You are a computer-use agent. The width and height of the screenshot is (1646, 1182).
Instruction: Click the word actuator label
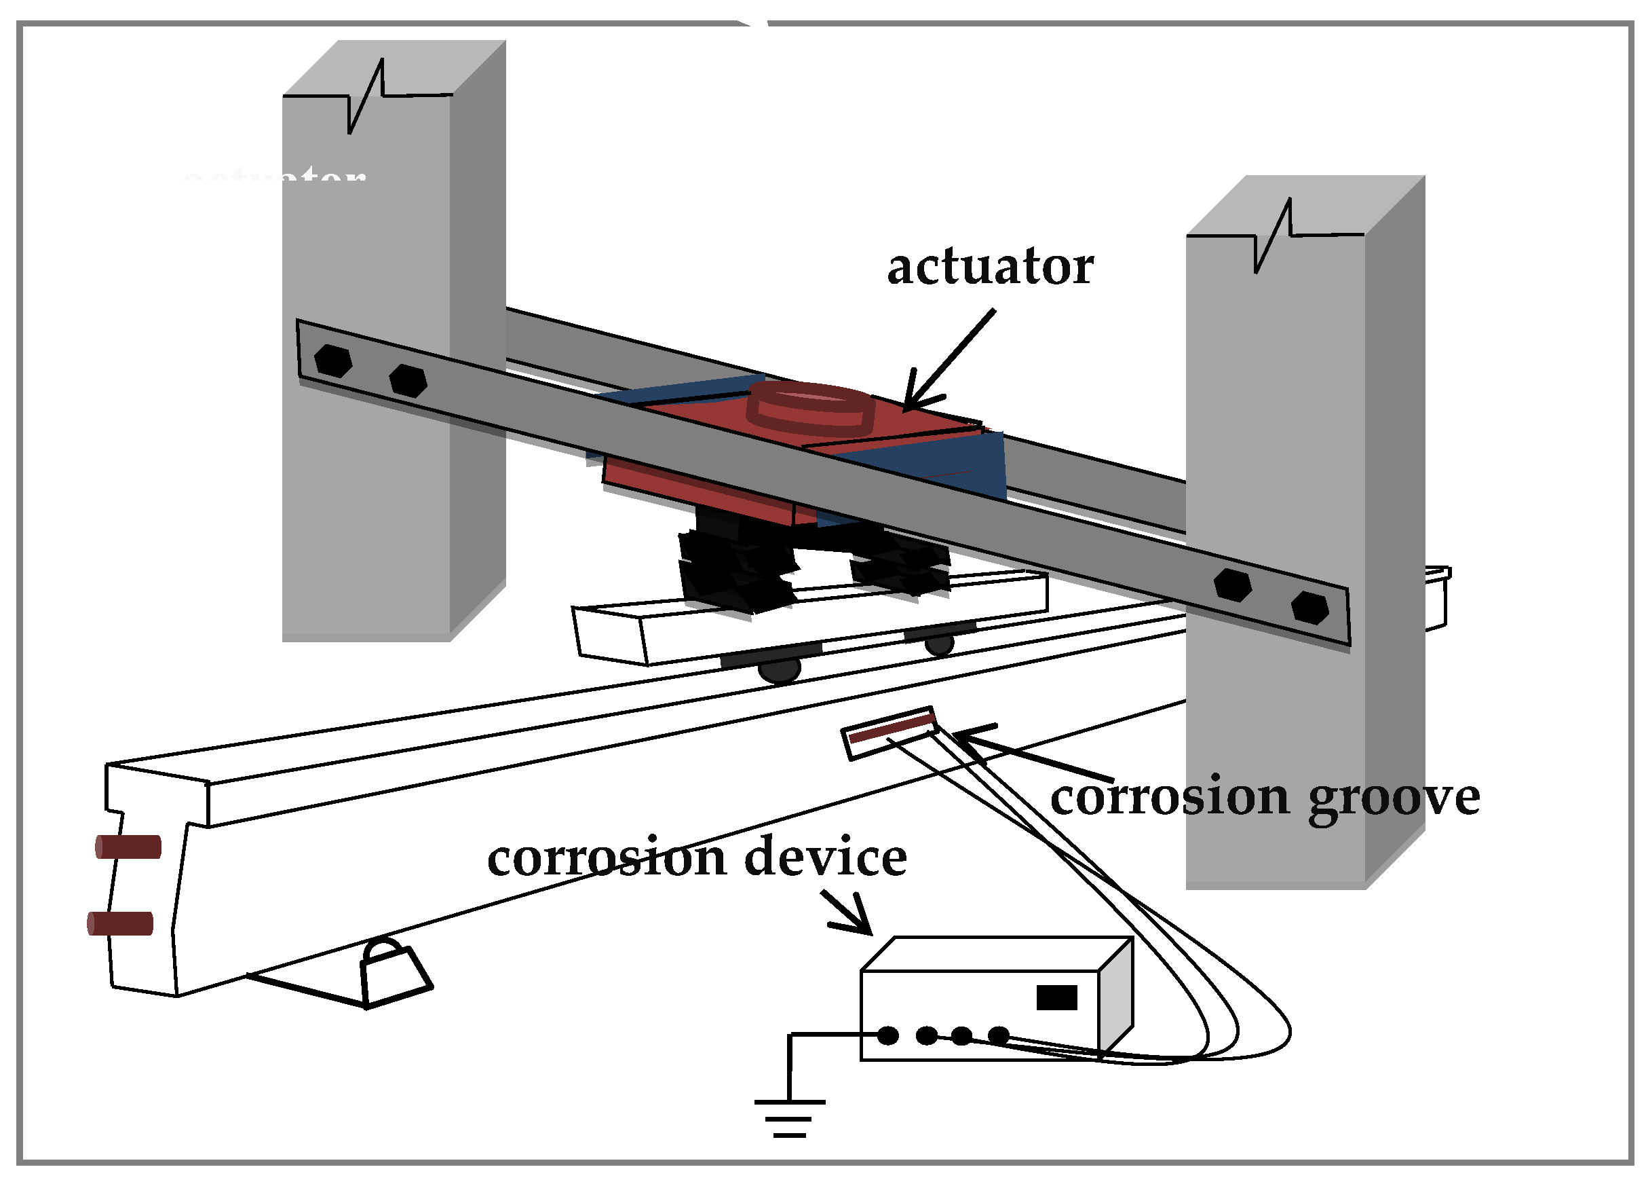coord(990,267)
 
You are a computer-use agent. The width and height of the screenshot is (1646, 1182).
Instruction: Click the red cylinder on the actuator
coord(811,407)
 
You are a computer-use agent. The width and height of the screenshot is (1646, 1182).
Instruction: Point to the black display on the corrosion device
coord(1056,997)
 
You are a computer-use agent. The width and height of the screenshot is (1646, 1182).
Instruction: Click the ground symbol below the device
coord(790,1118)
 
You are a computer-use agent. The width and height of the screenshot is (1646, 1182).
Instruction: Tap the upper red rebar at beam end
coord(128,847)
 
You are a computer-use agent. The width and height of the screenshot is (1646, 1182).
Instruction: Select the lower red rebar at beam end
coord(121,923)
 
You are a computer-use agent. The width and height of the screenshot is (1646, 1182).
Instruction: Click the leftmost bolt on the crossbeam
coord(333,360)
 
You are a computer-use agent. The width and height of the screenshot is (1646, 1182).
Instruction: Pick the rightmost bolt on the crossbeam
coord(1310,608)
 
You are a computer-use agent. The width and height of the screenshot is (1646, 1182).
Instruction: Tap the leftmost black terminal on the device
coord(888,1035)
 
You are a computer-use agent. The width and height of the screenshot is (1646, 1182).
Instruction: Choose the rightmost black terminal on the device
coord(999,1035)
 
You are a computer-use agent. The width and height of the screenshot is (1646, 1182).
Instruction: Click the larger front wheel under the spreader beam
coord(780,669)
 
